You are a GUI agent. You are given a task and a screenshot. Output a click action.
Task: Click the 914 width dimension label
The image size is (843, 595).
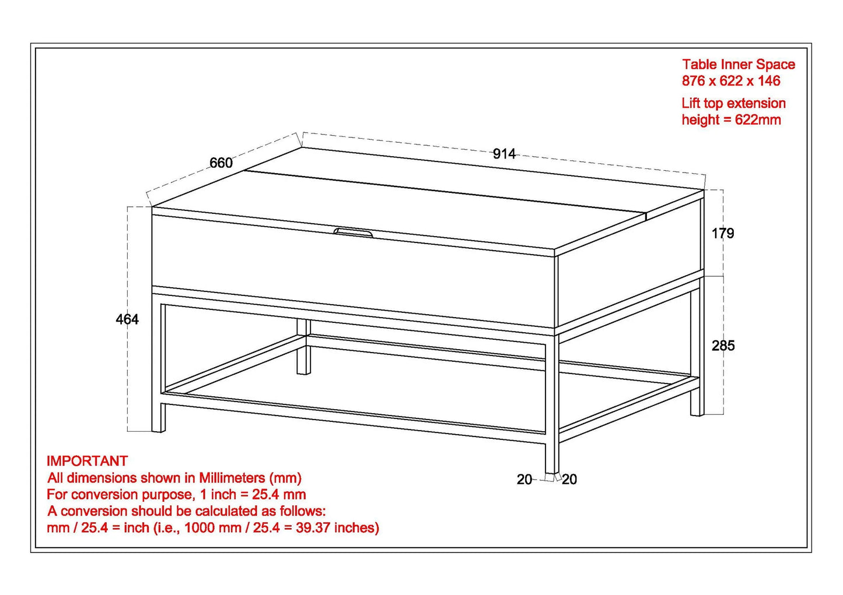(504, 154)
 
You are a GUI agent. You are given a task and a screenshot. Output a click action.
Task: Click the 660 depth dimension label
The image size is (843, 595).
(221, 163)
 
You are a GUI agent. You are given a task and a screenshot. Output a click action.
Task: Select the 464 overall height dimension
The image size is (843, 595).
(127, 319)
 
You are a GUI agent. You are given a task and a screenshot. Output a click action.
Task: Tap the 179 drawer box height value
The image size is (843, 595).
(723, 234)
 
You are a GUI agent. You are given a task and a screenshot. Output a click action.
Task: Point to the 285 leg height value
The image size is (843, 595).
(723, 346)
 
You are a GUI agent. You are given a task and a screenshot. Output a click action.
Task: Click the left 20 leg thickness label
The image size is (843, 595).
(524, 480)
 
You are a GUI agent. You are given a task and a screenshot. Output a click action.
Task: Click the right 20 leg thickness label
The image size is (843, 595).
(569, 480)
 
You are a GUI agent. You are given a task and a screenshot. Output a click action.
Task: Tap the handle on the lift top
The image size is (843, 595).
(354, 233)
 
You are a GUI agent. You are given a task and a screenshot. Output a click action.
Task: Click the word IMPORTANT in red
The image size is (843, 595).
(87, 461)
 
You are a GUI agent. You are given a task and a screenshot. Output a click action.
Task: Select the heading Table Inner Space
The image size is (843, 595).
(738, 65)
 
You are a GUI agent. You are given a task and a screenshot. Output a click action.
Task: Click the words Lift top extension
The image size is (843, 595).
(733, 104)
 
